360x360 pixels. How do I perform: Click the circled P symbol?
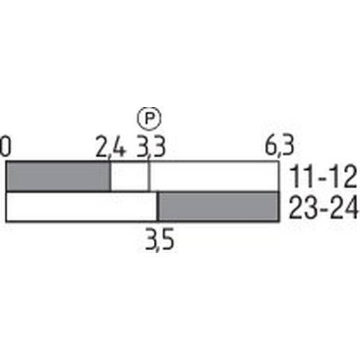tap(148, 117)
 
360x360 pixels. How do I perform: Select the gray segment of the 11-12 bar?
tap(58, 176)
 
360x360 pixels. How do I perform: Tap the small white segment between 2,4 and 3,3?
tap(130, 176)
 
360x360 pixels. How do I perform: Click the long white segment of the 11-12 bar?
tap(214, 176)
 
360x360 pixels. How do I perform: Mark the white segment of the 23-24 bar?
tap(81, 207)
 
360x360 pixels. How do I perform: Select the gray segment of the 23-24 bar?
tap(218, 207)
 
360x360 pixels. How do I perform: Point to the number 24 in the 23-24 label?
tap(343, 208)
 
